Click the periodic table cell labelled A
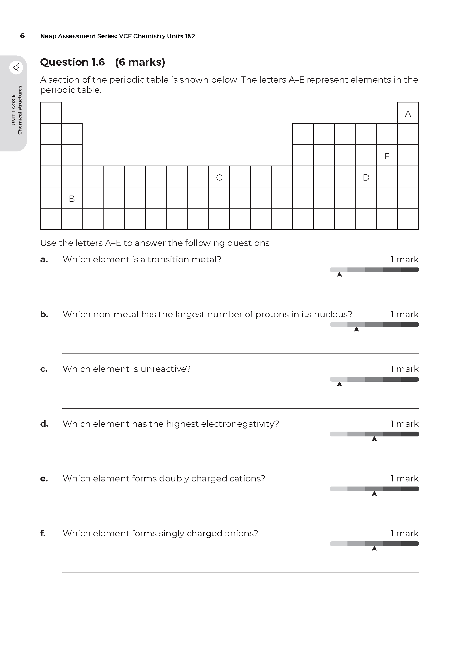(408, 113)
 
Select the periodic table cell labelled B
(72, 198)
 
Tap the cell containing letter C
(219, 176)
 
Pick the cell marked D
(366, 176)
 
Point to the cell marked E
(387, 155)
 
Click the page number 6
(22, 36)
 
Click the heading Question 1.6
(72, 62)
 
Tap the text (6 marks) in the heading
(140, 62)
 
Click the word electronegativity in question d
(240, 424)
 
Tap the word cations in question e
(247, 479)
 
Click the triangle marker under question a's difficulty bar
(340, 275)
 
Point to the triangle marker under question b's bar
(357, 329)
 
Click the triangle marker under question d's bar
(374, 439)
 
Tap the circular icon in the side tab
(16, 68)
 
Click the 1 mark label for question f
(404, 534)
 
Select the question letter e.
(44, 479)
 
